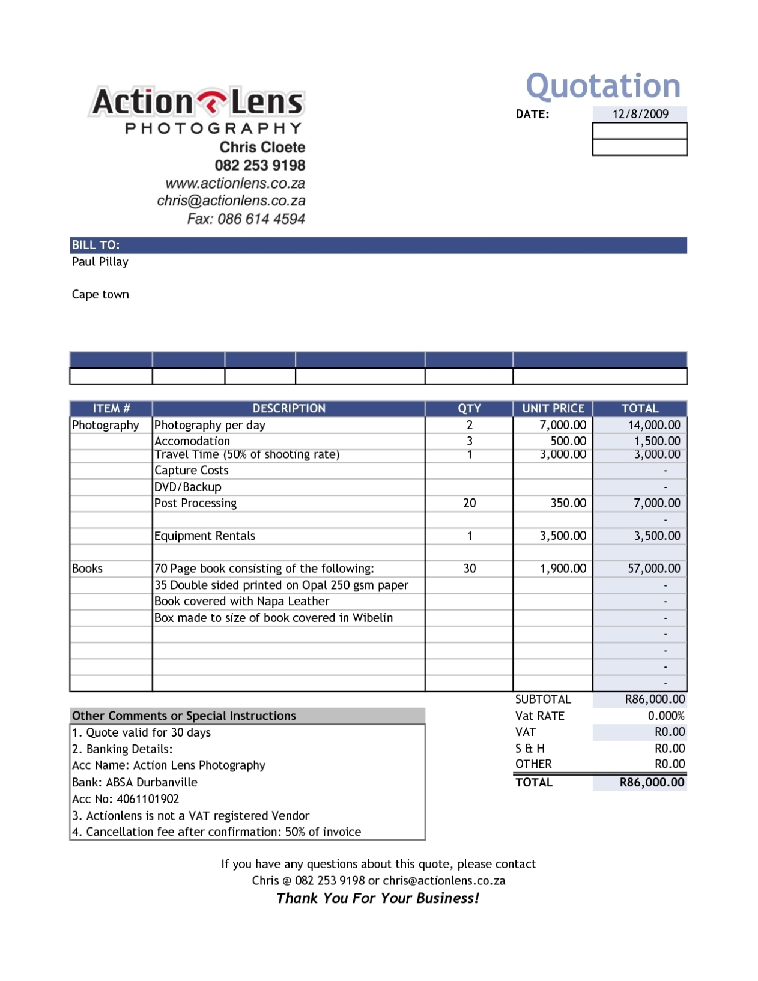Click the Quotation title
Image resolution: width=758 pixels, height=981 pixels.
pyautogui.click(x=602, y=86)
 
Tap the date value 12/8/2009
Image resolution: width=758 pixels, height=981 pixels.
pyautogui.click(x=640, y=114)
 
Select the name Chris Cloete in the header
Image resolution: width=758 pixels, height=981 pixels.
pyautogui.click(x=262, y=147)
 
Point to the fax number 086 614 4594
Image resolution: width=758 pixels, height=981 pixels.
pyautogui.click(x=261, y=219)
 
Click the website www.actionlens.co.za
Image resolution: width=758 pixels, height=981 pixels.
pyautogui.click(x=235, y=183)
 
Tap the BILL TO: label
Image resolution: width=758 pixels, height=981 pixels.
pyautogui.click(x=96, y=245)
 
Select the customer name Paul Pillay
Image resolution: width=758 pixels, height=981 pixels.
pyautogui.click(x=100, y=262)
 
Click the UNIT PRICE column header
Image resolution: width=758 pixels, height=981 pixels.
pyautogui.click(x=553, y=408)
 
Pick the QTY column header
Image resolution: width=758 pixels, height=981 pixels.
pyautogui.click(x=469, y=408)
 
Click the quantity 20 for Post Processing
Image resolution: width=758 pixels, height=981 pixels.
pyautogui.click(x=469, y=503)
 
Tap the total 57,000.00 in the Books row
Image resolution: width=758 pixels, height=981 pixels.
pyautogui.click(x=653, y=568)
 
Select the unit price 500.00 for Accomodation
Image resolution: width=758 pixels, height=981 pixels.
pyautogui.click(x=568, y=441)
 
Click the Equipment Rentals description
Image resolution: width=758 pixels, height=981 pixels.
pyautogui.click(x=205, y=536)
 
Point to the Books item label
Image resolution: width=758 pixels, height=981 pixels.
pyautogui.click(x=88, y=568)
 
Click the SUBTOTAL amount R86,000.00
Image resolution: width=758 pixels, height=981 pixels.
pyautogui.click(x=654, y=699)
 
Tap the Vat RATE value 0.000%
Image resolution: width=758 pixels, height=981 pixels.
pyautogui.click(x=666, y=716)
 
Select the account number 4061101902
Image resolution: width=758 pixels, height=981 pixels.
pyautogui.click(x=148, y=799)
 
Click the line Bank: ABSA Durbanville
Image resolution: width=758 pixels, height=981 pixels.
pyautogui.click(x=135, y=782)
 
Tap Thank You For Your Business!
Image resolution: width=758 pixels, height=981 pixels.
pyautogui.click(x=378, y=898)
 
